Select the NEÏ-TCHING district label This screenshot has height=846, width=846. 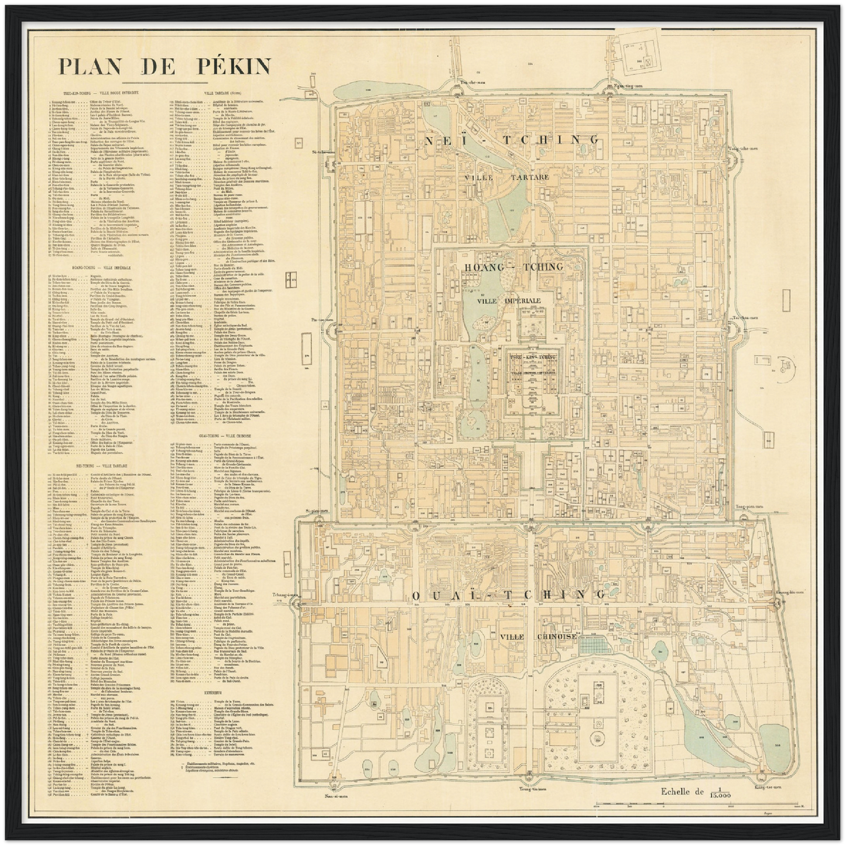511,140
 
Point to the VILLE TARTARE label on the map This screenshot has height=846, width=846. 507,176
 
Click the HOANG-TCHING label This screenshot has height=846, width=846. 513,267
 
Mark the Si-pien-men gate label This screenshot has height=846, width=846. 317,511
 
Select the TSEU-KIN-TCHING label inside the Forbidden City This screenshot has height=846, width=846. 532,357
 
